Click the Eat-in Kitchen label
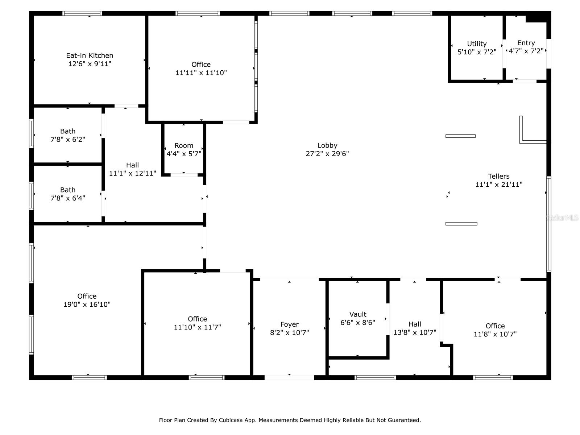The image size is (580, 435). (x=90, y=55)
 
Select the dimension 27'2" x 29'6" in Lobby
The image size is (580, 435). (x=327, y=154)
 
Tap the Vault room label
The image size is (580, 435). (x=358, y=314)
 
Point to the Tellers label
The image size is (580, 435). (x=498, y=177)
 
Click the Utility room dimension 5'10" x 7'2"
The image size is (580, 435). (x=477, y=52)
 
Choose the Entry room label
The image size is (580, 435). (x=526, y=43)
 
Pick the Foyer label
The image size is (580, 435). (x=289, y=324)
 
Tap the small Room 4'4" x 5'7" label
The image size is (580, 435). (x=184, y=146)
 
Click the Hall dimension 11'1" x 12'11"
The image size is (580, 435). (x=132, y=173)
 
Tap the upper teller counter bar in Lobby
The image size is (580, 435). (x=460, y=136)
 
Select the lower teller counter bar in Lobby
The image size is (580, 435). (x=461, y=224)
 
